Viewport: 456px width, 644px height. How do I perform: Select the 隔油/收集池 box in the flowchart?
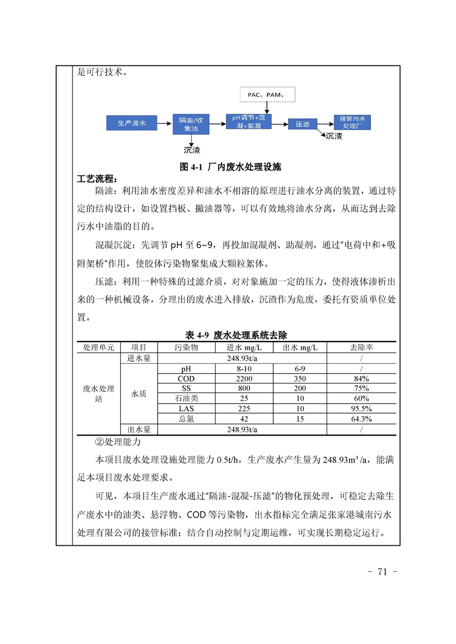click(191, 124)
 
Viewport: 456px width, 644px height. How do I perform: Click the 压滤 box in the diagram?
click(302, 123)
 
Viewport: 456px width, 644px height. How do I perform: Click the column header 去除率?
click(362, 347)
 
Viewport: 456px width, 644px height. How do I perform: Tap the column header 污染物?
click(186, 347)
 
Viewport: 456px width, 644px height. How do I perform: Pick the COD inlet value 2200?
click(244, 379)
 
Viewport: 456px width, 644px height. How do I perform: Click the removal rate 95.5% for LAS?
click(362, 409)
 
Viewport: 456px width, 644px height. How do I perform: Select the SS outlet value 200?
click(300, 389)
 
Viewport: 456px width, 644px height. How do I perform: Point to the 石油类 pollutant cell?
click(186, 398)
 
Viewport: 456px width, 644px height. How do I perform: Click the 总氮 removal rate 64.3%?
click(362, 419)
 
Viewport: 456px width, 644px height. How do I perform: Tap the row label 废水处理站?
click(98, 394)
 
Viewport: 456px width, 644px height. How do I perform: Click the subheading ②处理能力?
click(117, 443)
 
